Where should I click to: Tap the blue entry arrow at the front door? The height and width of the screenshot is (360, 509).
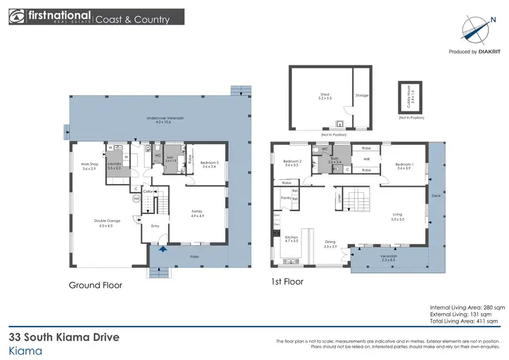tap(161, 249)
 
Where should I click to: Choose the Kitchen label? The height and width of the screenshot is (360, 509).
tap(290, 238)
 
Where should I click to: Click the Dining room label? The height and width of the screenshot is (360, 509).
tap(330, 243)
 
